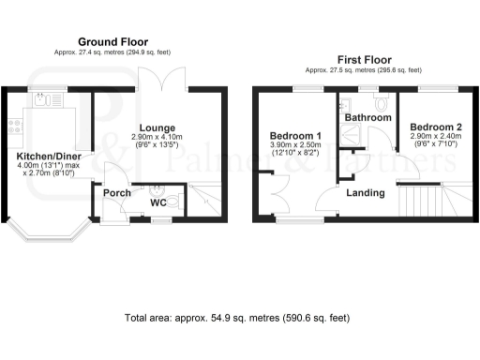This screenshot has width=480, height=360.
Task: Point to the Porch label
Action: (116, 193)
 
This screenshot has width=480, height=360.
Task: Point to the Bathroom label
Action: (367, 118)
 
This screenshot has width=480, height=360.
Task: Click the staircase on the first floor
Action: (427, 199)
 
